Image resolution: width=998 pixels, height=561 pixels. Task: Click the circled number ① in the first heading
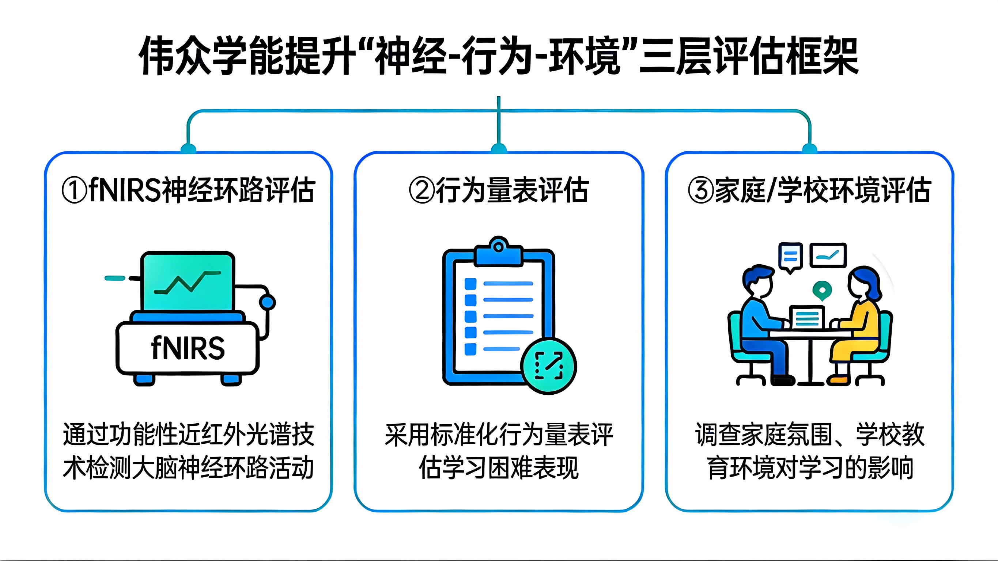click(x=74, y=190)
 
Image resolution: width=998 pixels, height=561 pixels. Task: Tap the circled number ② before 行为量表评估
click(x=421, y=190)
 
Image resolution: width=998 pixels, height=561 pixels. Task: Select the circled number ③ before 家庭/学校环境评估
click(x=700, y=190)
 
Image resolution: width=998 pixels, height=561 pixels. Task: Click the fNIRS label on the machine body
click(x=188, y=348)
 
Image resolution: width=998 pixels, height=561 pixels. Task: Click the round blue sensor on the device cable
click(x=267, y=302)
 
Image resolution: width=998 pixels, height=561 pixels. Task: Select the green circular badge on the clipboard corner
click(x=549, y=366)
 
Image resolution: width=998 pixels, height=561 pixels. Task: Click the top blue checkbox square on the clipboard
click(x=470, y=284)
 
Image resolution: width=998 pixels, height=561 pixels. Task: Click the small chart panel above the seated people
click(x=828, y=255)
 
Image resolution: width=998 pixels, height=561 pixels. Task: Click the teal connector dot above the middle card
click(x=499, y=148)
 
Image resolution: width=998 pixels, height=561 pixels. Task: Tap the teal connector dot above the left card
click(x=188, y=148)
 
